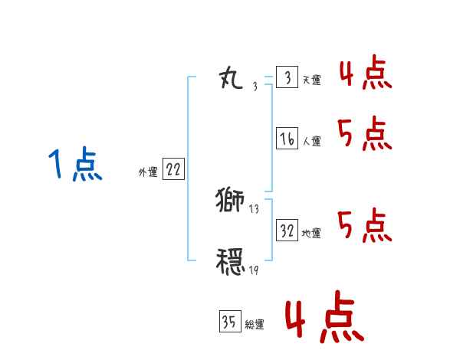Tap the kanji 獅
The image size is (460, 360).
(x=230, y=201)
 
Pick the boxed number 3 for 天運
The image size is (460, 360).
(x=287, y=78)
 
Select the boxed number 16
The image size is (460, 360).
(x=287, y=139)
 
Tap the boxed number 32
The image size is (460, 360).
(x=287, y=231)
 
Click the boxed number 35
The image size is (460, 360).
(x=229, y=322)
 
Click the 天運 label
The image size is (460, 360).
(x=311, y=80)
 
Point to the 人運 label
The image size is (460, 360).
(x=311, y=141)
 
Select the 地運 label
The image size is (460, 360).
(x=311, y=234)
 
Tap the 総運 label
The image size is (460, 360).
(x=254, y=325)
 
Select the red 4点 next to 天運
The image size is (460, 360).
(x=365, y=75)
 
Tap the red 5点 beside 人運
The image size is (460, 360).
(x=365, y=135)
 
